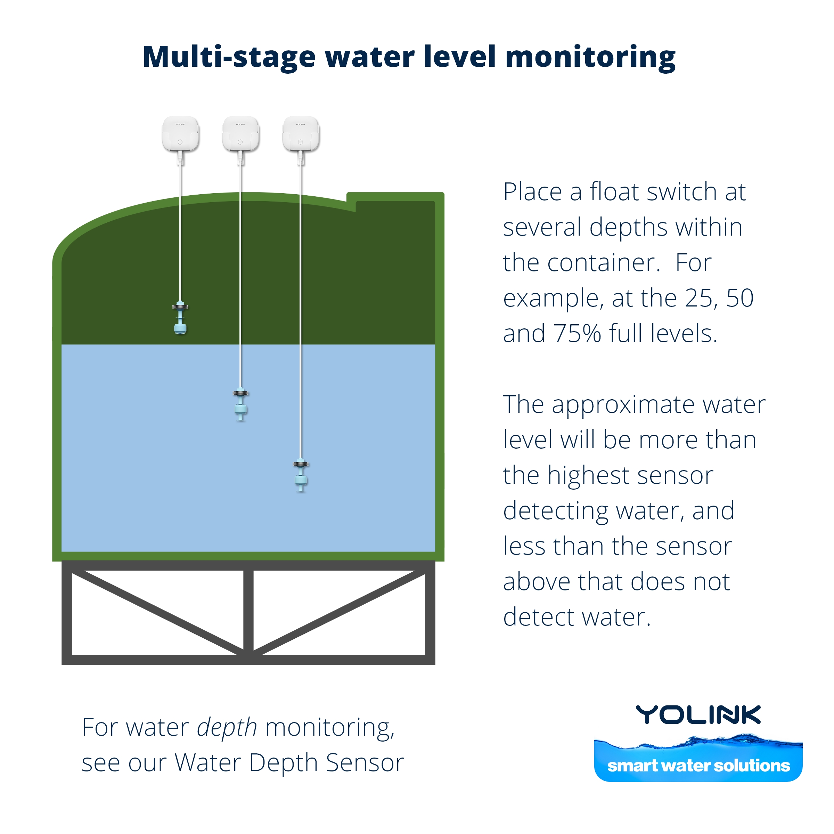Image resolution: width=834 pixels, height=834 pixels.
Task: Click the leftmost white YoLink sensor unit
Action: pyautogui.click(x=180, y=134)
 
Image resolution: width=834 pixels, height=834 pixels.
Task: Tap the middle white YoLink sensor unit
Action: pyautogui.click(x=240, y=134)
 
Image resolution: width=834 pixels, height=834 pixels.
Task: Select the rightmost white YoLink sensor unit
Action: pyautogui.click(x=301, y=134)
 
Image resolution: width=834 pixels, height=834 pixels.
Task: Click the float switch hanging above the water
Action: pyautogui.click(x=180, y=318)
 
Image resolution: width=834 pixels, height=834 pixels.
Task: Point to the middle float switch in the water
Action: pyautogui.click(x=241, y=404)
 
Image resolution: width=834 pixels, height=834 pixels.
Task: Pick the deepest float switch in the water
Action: pyautogui.click(x=301, y=476)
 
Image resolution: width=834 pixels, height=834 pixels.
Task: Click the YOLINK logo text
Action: pyautogui.click(x=698, y=715)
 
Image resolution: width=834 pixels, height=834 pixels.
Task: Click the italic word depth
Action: pyautogui.click(x=227, y=728)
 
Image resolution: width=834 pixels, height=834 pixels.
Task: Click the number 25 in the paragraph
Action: pyautogui.click(x=701, y=298)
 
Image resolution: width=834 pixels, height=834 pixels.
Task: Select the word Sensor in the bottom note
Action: pyautogui.click(x=365, y=763)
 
